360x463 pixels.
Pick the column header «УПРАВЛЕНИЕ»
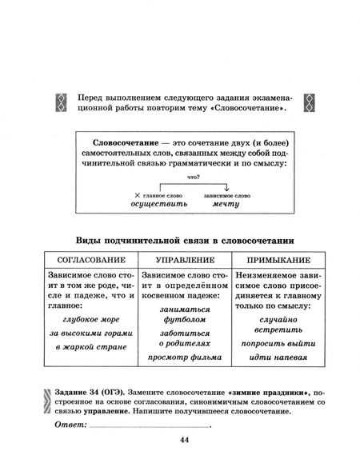coord(183,260)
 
